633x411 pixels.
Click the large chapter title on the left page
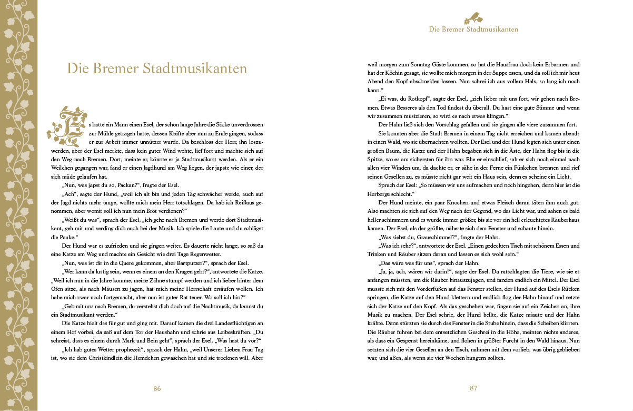pyautogui.click(x=157, y=69)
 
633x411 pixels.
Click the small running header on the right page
pyautogui.click(x=473, y=29)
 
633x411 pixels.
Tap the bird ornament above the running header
pyautogui.click(x=473, y=18)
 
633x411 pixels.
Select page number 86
pyautogui.click(x=157, y=388)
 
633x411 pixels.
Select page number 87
pyautogui.click(x=473, y=388)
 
